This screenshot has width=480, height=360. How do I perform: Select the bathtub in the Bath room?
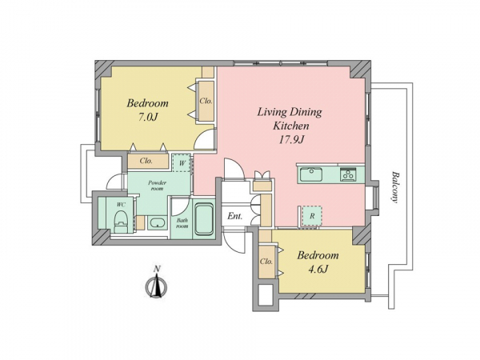point(204,219)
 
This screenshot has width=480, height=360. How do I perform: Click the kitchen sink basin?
point(310,174)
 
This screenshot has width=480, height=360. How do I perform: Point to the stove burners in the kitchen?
point(348,175)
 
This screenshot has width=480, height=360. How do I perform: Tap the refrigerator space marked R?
point(312,216)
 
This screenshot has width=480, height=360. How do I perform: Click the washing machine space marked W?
point(182,162)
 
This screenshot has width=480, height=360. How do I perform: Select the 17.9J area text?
point(291,140)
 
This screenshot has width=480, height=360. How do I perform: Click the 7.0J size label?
point(147,117)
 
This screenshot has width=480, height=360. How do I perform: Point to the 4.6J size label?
point(318,270)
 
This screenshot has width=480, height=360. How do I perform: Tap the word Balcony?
point(395,187)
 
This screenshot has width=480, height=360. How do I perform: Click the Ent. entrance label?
point(234,216)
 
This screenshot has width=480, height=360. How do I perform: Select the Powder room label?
point(157,186)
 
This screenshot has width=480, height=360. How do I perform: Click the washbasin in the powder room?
point(158,222)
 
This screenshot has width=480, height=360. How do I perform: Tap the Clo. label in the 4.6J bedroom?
point(266,262)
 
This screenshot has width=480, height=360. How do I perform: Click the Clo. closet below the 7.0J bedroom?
point(148,161)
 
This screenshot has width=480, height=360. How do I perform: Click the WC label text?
point(120,204)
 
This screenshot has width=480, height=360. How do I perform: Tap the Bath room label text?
point(182,223)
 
